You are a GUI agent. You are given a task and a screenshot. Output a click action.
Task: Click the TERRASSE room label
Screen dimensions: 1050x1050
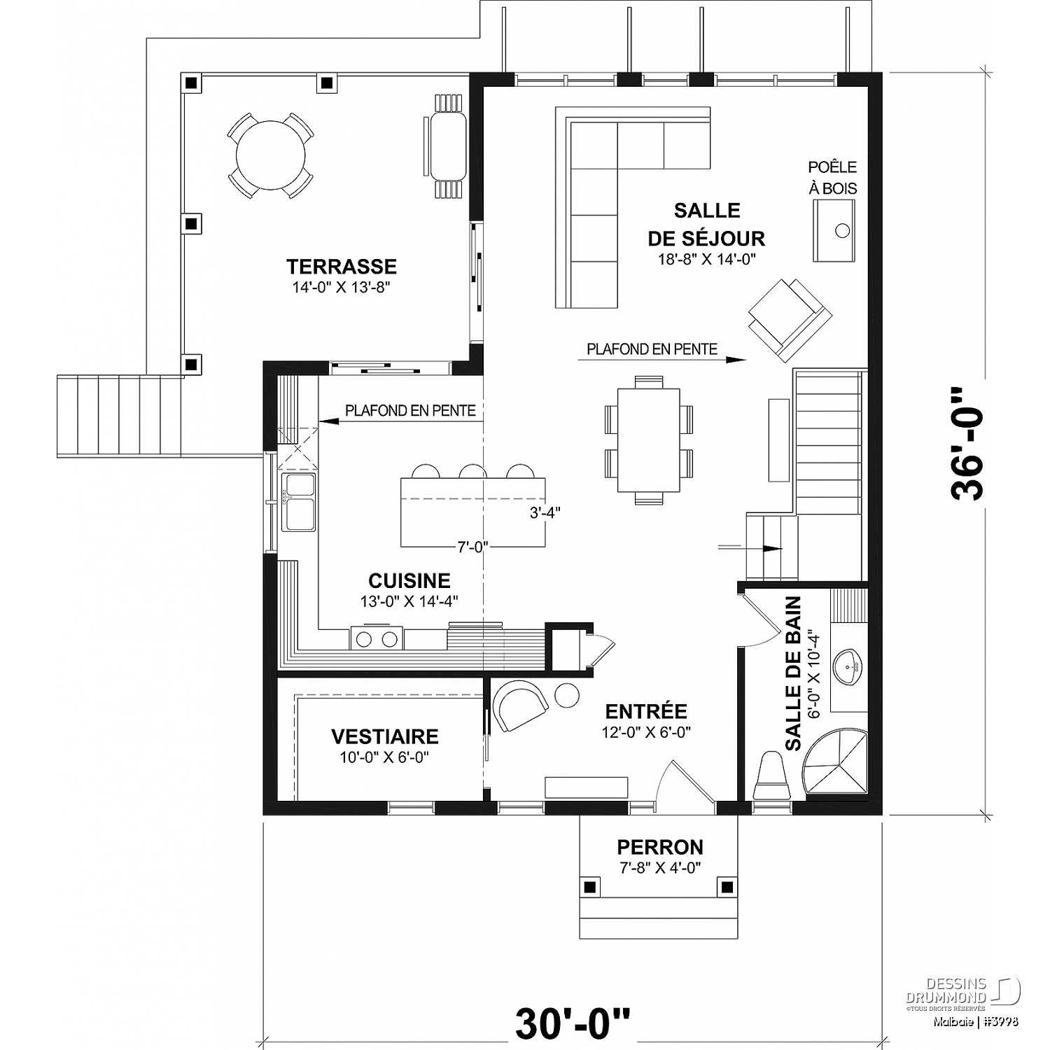pos(342,266)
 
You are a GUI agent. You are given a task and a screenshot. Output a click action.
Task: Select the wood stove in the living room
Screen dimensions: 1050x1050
pos(834,231)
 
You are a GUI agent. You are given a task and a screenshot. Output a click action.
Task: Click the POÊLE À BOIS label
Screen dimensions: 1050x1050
pos(832,178)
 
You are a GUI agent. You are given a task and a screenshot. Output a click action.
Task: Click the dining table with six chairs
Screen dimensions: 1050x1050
pos(648,440)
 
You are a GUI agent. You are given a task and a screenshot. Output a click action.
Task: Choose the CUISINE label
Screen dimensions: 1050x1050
pos(409,580)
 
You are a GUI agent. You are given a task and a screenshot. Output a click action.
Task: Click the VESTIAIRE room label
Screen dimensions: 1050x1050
pos(385,736)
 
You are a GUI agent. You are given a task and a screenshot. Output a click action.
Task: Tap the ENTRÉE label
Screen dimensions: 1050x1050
pos(646,711)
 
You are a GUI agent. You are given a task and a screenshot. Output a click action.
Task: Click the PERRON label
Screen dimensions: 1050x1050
pos(660,847)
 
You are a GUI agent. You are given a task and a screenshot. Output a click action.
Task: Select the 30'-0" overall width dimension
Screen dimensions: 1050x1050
pos(573,1025)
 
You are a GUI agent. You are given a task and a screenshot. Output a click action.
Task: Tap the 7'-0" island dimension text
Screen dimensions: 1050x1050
pos(472,547)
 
